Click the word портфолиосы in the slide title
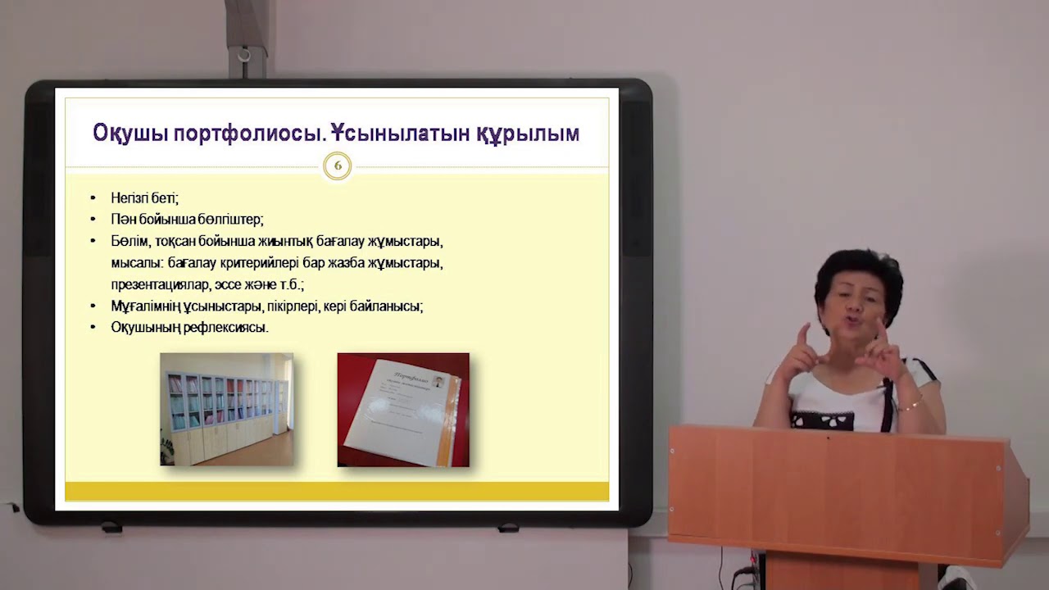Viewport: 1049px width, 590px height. [252, 134]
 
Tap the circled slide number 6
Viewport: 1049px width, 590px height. [337, 166]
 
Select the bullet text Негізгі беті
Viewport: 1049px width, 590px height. [144, 198]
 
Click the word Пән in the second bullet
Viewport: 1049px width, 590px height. [122, 220]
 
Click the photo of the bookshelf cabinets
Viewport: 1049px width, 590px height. [226, 409]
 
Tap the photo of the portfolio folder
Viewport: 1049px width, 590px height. [403, 410]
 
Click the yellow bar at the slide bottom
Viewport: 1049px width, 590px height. [336, 491]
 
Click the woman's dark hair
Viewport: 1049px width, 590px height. [856, 270]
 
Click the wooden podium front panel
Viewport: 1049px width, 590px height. [836, 492]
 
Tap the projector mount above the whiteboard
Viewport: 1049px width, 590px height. [243, 41]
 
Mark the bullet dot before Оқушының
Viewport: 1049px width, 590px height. [93, 328]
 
